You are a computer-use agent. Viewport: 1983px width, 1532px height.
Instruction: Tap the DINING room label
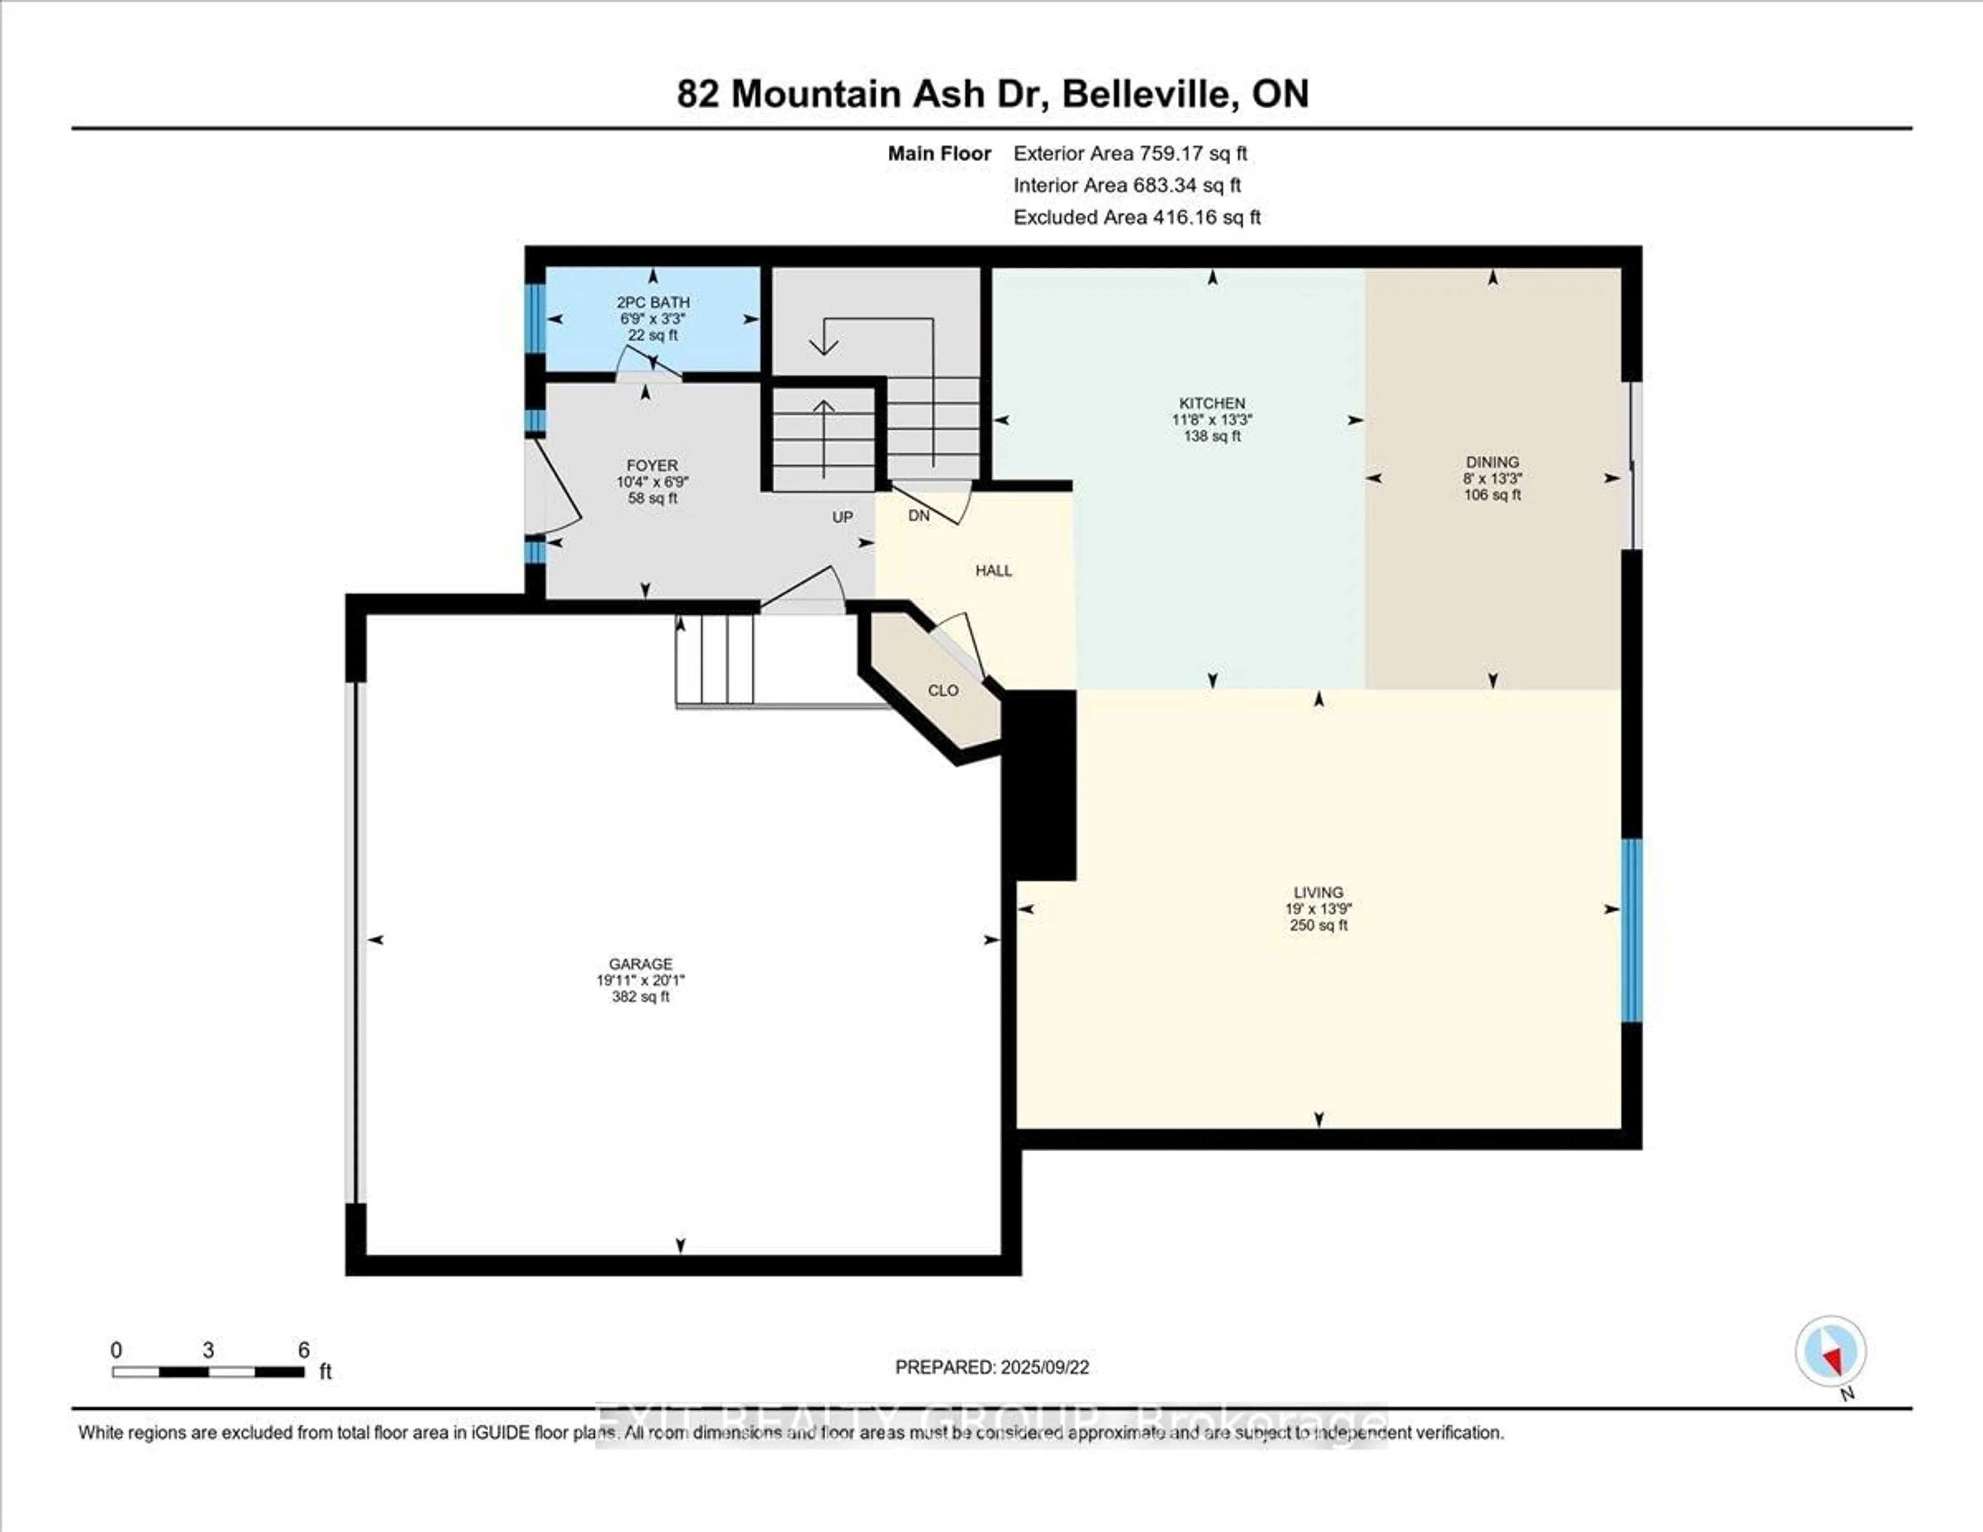[1492, 462]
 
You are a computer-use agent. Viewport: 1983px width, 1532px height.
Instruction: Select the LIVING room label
[1318, 893]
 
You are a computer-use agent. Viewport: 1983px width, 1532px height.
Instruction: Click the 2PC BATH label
[653, 302]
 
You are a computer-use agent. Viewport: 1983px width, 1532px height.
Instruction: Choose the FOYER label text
[652, 465]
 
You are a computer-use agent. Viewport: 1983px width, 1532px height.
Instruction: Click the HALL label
[994, 570]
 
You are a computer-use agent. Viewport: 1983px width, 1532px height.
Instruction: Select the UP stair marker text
[843, 517]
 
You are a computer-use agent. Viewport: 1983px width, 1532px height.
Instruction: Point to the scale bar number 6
[304, 1350]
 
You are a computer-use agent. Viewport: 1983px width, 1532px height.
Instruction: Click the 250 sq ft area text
[1318, 926]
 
